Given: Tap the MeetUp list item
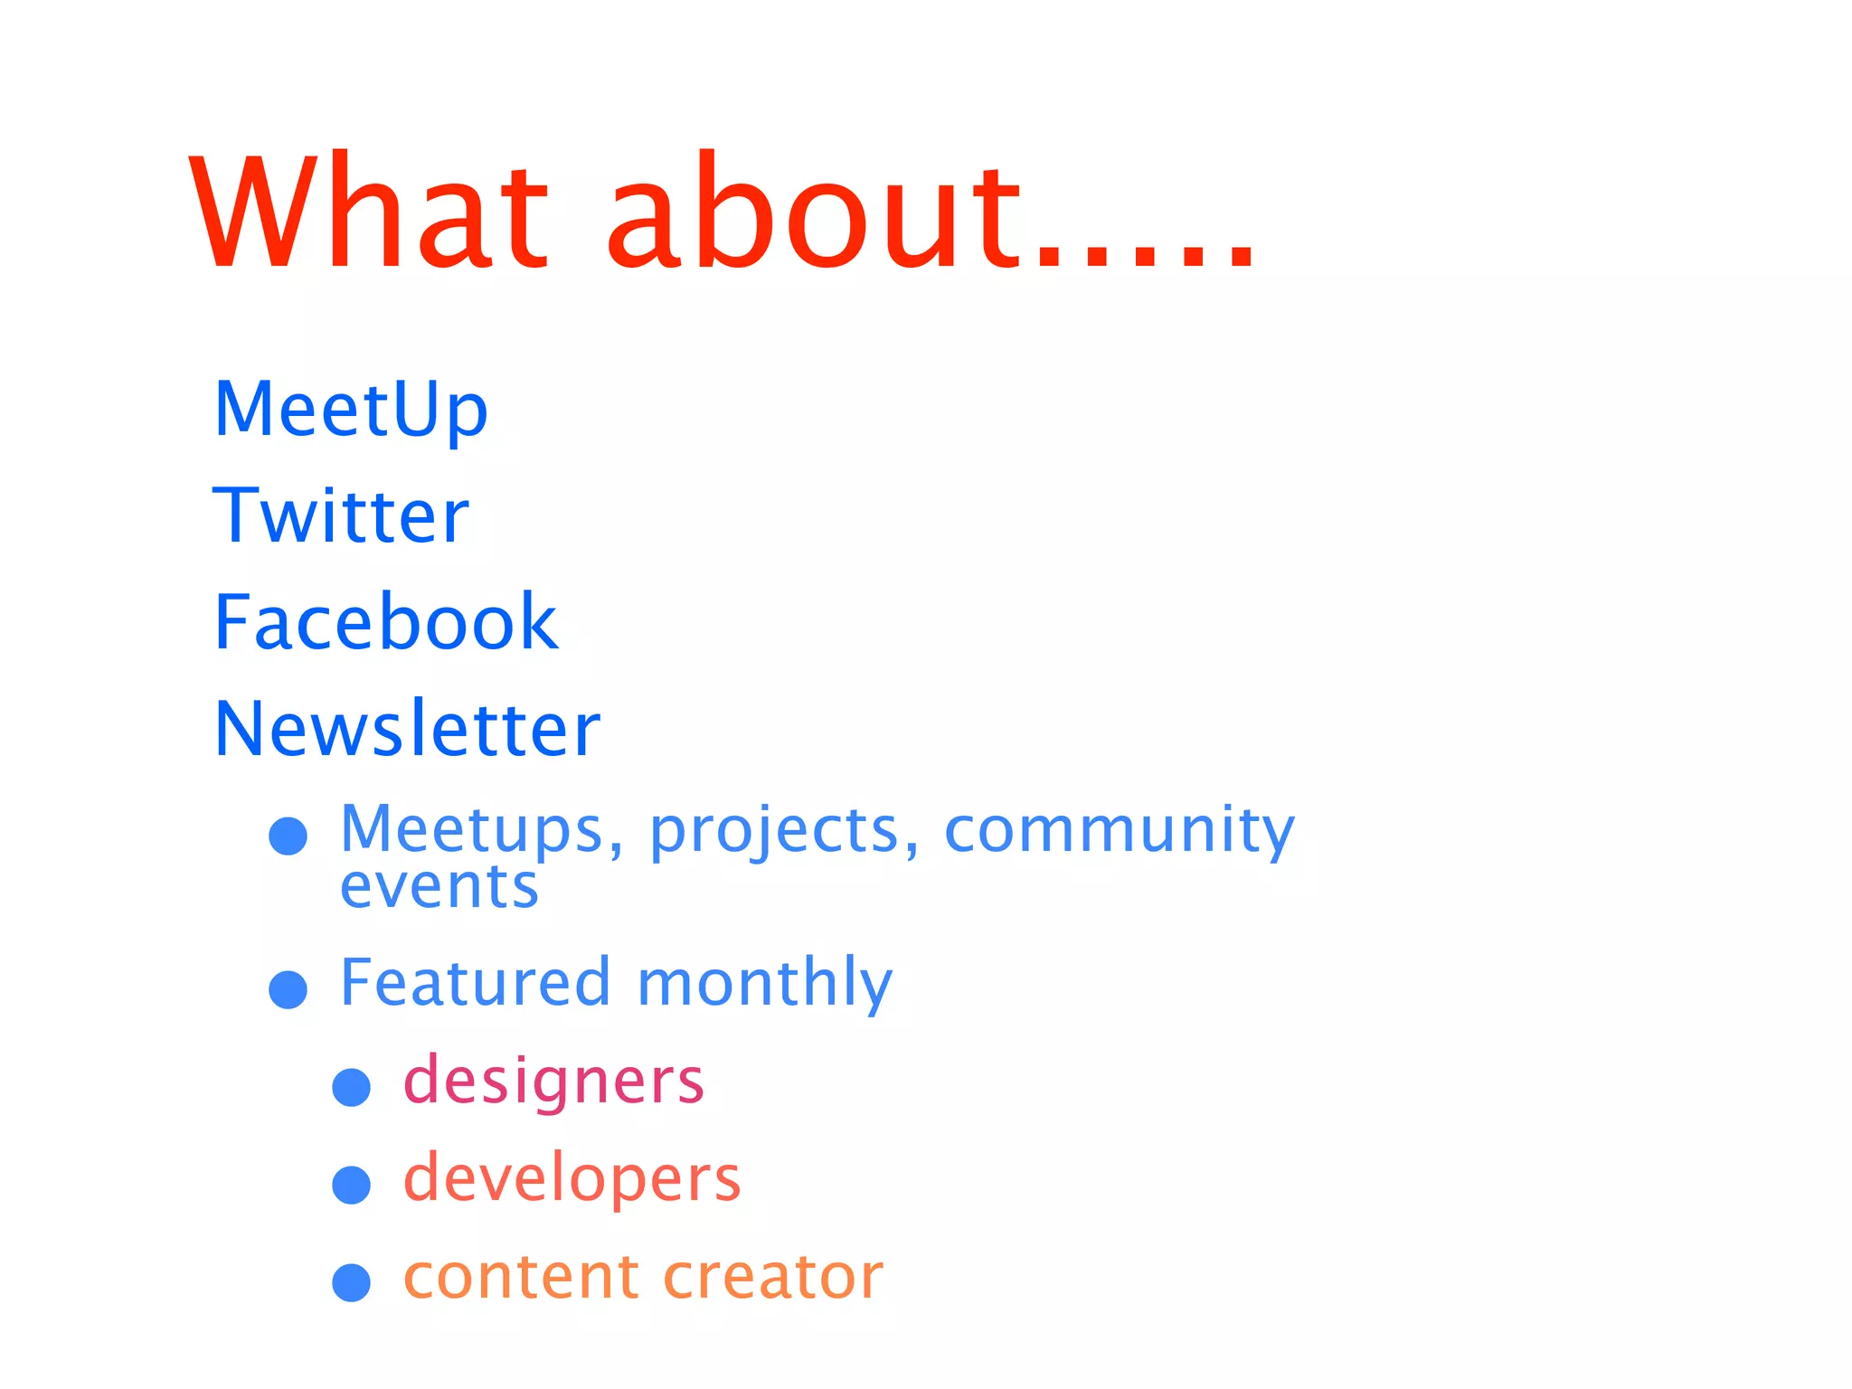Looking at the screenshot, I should click(351, 410).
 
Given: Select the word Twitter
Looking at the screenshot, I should click(341, 515).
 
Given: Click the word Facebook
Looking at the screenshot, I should click(386, 622).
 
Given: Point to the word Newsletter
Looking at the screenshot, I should click(407, 729).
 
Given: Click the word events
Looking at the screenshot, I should click(439, 887).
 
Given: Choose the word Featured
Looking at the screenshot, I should click(476, 982).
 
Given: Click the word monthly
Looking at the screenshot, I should click(764, 984).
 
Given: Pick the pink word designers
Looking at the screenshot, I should click(553, 1081).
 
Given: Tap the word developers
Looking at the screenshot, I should click(572, 1179).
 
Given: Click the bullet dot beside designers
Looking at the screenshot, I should click(352, 1087).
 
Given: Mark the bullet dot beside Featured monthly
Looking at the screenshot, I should click(288, 989).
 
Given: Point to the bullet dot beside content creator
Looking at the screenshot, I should click(352, 1282).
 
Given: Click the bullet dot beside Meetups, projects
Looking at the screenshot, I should click(288, 836).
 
